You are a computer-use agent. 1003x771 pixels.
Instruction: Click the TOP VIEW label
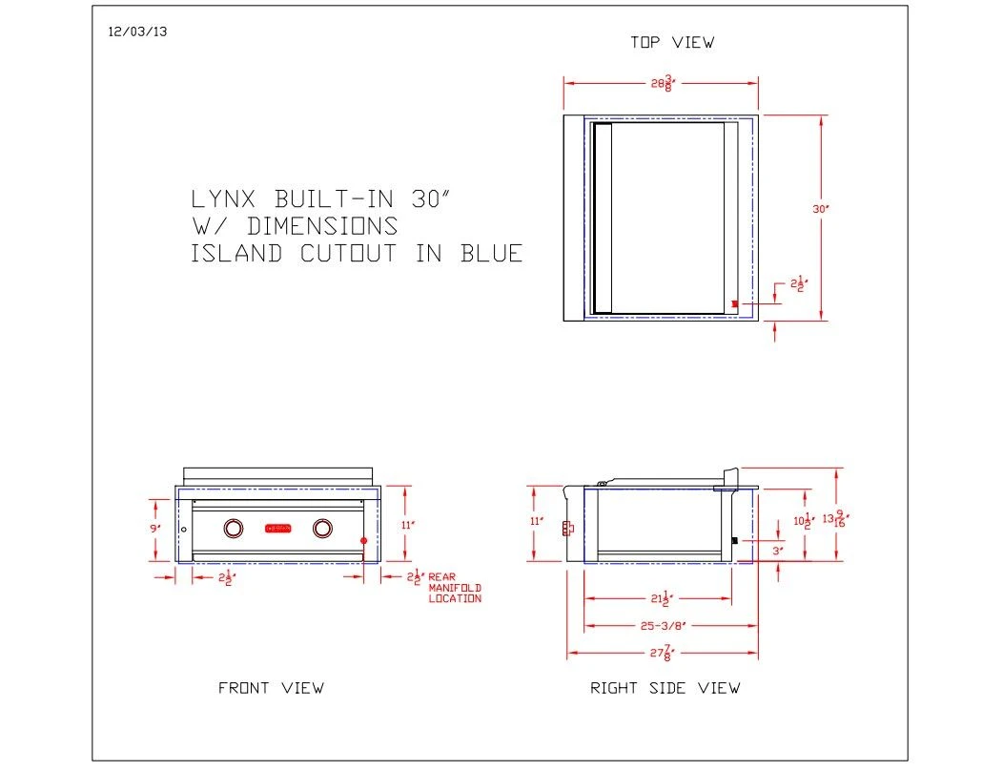[x=671, y=42]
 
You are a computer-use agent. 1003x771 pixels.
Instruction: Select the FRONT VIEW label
[x=271, y=688]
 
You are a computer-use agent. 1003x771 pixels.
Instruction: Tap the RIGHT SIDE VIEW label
[x=665, y=688]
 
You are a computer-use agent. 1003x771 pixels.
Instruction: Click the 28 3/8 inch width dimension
[x=662, y=84]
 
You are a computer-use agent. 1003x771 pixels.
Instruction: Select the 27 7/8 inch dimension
[x=661, y=655]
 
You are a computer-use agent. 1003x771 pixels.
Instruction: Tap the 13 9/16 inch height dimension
[x=835, y=520]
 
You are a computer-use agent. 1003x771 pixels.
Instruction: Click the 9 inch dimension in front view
[x=154, y=528]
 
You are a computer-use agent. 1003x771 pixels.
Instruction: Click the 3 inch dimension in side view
[x=777, y=551]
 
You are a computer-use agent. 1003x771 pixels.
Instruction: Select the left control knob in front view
[x=233, y=528]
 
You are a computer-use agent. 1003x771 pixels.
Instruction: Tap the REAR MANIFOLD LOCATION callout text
[x=454, y=588]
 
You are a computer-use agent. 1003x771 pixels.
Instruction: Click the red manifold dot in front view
[x=364, y=541]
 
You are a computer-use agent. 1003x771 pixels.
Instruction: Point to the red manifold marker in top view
[x=734, y=303]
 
